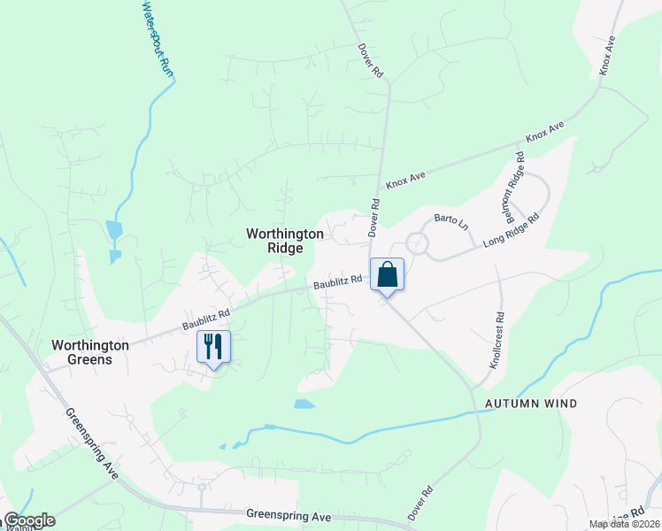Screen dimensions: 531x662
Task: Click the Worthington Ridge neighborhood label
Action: pos(273,241)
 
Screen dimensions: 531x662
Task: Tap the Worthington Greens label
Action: pos(90,352)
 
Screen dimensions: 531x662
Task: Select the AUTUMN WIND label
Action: pos(531,404)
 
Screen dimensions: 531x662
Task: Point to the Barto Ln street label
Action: pos(450,222)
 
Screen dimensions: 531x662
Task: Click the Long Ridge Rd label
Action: pos(511,231)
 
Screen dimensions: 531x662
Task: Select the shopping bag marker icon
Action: pos(387,274)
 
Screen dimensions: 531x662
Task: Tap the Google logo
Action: pos(29,520)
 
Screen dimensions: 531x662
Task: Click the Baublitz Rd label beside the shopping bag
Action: pos(339,281)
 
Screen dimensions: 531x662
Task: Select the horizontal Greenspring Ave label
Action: pos(289,516)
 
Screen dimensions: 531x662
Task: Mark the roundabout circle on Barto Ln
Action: pos(417,242)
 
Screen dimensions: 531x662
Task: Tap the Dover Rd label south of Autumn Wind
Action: pos(420,502)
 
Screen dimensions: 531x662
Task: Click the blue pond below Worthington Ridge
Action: pos(304,404)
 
